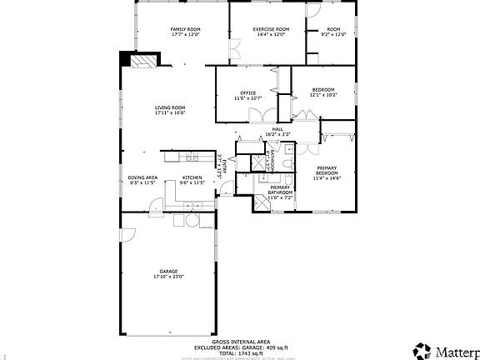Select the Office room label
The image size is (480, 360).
tap(247, 92)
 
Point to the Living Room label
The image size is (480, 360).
tap(169, 107)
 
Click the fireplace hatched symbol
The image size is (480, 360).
tap(142, 61)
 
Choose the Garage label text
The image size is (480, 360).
tap(169, 272)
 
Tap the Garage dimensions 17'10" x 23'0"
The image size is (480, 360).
tap(169, 277)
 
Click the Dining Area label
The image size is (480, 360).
tap(143, 177)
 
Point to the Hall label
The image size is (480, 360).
tap(277, 129)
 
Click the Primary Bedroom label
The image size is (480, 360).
tap(327, 170)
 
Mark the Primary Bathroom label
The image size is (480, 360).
tap(279, 191)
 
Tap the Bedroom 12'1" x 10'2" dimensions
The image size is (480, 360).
tap(323, 95)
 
